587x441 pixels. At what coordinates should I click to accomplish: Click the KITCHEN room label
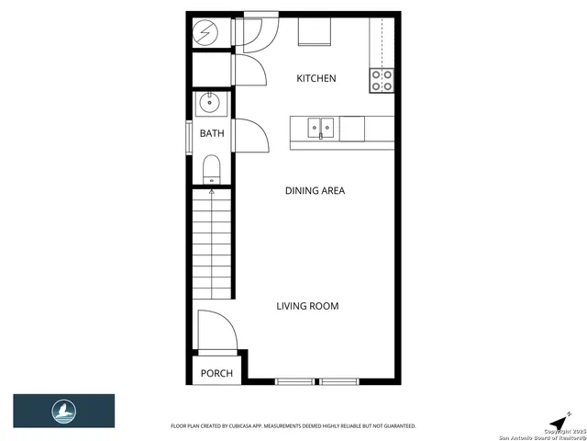[316, 79]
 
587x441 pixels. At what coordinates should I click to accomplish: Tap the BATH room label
[212, 134]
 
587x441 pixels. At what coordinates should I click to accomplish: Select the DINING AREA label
[314, 191]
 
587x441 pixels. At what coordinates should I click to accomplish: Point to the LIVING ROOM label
[308, 306]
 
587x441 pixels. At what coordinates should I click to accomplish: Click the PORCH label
[216, 374]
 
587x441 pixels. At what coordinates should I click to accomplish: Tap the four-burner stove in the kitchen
[382, 81]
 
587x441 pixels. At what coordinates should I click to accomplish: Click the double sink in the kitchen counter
[321, 126]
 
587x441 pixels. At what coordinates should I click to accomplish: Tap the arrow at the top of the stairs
[212, 191]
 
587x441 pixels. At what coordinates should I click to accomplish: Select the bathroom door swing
[249, 134]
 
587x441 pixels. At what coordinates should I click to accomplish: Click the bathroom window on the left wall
[191, 134]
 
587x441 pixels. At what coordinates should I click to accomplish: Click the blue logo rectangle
[63, 410]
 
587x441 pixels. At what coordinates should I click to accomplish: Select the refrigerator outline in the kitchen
[314, 31]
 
